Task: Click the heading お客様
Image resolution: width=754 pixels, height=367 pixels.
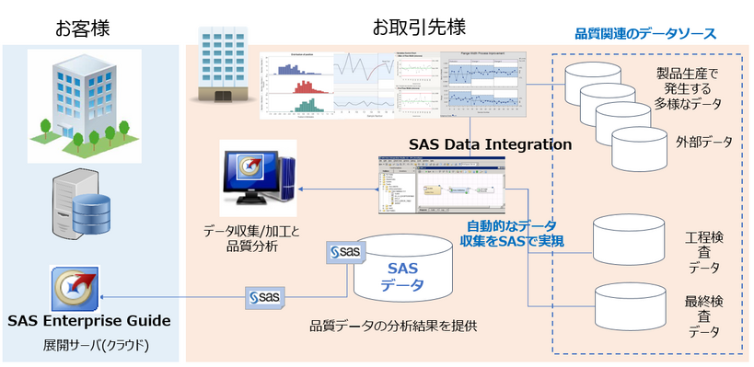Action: coord(83,27)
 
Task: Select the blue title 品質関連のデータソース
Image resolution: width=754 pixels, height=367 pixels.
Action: coord(644,34)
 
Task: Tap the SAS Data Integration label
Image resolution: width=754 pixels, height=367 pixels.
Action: coord(490,144)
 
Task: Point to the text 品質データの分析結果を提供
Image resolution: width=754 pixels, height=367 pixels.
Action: coord(393,325)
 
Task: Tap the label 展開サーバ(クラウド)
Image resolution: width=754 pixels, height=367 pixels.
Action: coord(88,346)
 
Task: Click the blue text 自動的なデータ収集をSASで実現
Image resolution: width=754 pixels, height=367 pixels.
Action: coord(512,233)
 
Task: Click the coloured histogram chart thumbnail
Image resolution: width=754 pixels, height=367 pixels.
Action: coord(296,85)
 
